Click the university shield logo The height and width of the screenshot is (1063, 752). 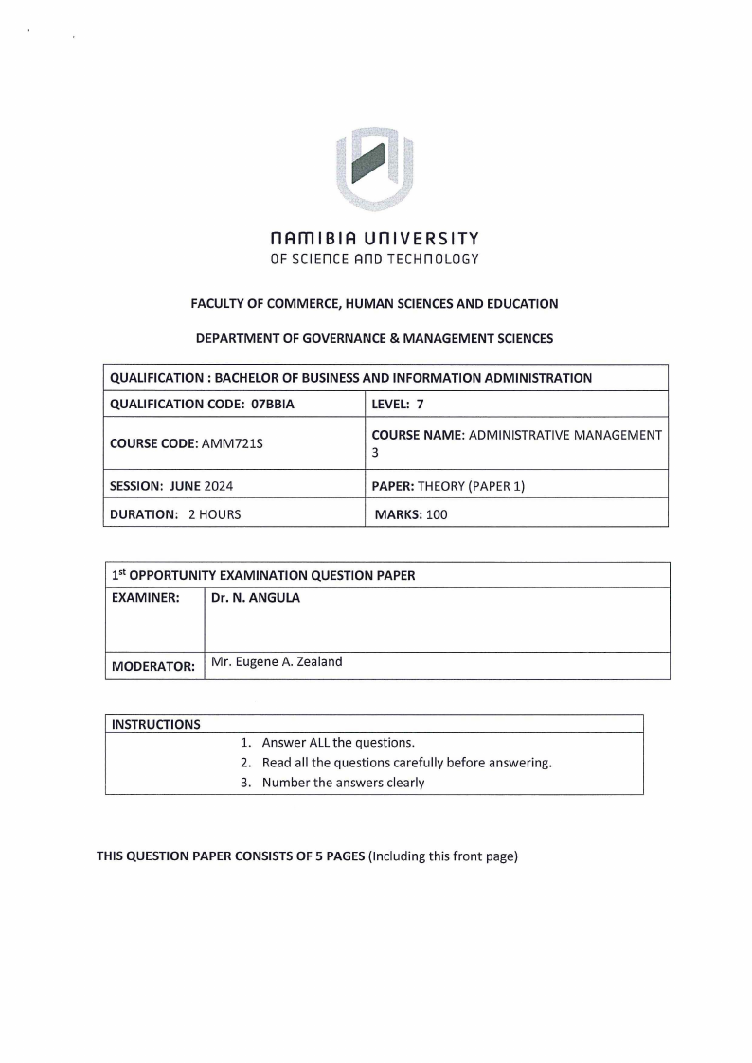point(375,167)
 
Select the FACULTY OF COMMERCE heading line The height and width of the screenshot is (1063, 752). point(374,304)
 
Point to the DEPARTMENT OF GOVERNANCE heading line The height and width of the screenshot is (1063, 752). point(374,337)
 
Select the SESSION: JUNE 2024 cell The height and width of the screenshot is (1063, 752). point(171,486)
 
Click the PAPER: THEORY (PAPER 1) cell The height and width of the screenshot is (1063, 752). point(448,486)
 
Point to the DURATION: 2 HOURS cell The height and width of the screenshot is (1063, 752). point(175,514)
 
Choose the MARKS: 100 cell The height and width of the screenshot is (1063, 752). point(411,514)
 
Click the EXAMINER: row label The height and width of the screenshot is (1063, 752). point(146,598)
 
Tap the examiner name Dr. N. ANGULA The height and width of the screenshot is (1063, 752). point(255,598)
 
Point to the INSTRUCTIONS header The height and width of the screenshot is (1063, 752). point(156,725)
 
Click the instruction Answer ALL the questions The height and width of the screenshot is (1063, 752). point(338,743)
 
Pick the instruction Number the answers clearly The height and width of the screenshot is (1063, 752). point(343,783)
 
